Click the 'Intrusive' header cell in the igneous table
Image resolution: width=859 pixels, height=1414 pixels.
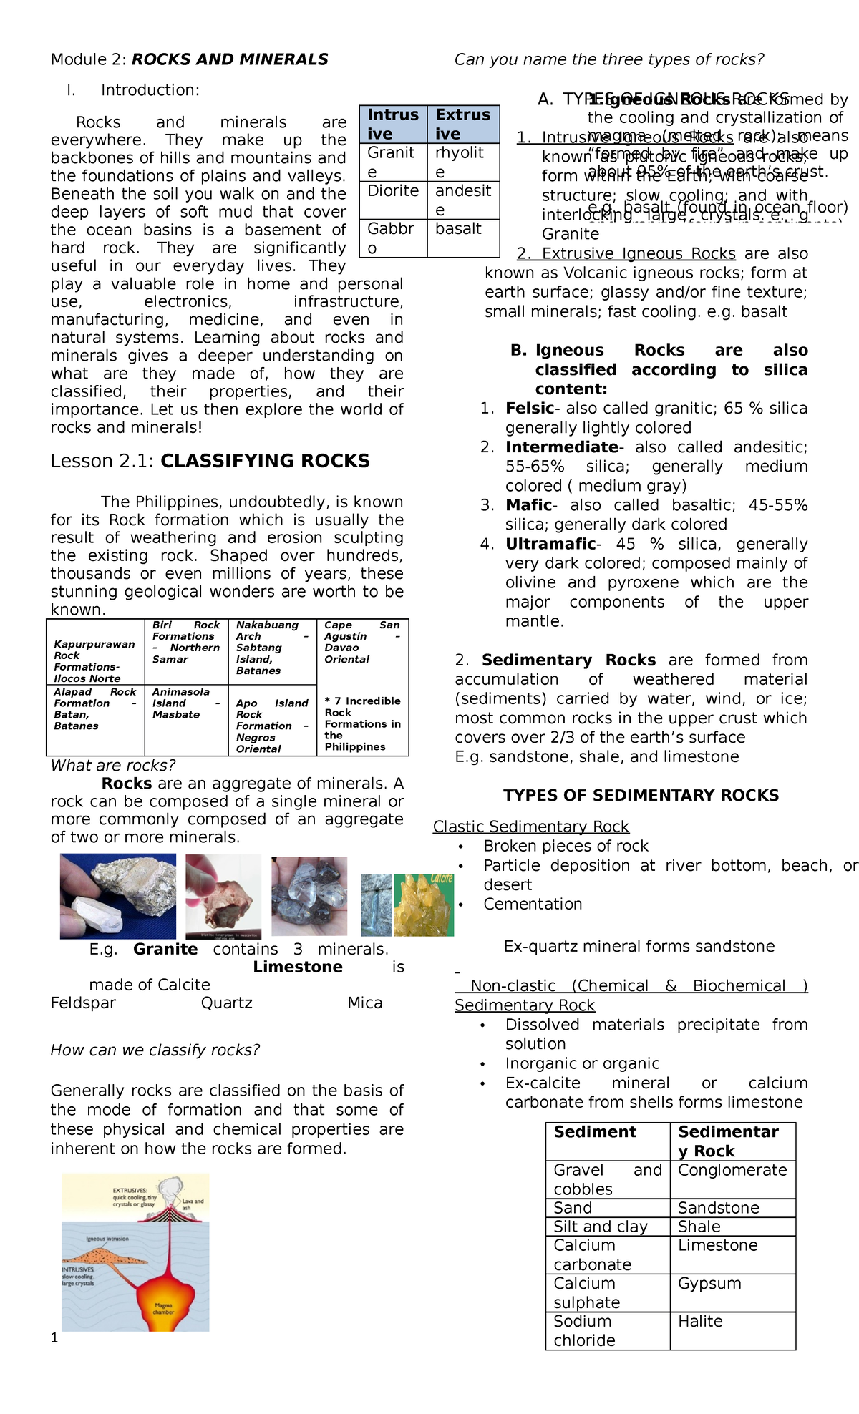(393, 124)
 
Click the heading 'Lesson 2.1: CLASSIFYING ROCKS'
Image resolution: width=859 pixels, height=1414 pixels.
(210, 461)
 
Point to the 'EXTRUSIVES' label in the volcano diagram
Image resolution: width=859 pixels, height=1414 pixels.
(130, 1191)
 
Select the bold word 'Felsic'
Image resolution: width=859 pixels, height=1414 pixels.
(529, 409)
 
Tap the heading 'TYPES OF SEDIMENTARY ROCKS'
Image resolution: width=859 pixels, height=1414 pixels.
(641, 796)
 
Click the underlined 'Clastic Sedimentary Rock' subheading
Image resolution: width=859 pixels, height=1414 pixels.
(530, 827)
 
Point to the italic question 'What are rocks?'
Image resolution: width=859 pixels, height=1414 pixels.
(112, 766)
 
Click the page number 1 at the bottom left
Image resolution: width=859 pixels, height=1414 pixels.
(54, 1337)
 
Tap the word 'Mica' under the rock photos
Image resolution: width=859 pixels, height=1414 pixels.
(364, 1003)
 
